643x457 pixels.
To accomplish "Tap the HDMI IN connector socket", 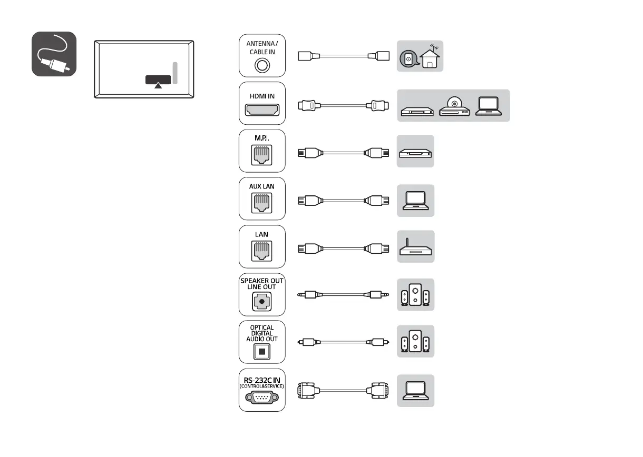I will (262, 111).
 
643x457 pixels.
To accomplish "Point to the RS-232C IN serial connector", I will (262, 398).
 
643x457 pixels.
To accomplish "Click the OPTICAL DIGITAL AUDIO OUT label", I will (262, 333).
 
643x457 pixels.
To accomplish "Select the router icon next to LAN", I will (415, 248).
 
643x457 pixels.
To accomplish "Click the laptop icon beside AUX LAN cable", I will (415, 201).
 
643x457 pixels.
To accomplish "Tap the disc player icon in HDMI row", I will (454, 107).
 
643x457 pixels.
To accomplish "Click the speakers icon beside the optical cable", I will (415, 342).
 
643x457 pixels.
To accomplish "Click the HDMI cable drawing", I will (344, 105).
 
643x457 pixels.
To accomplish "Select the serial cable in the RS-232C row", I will (344, 391).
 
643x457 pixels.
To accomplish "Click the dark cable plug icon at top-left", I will (54, 54).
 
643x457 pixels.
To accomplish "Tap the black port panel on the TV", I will (158, 80).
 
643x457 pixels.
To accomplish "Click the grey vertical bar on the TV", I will (175, 73).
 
